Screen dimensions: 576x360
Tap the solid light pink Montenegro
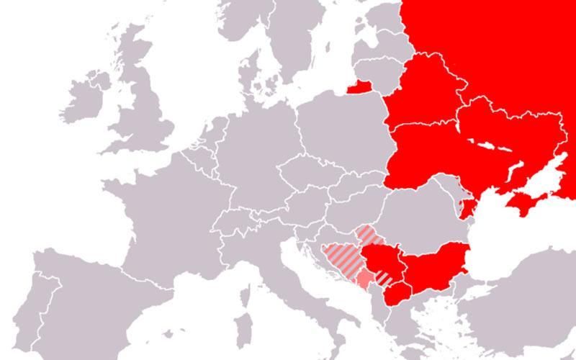coord(366,278)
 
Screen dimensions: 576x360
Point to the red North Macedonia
coord(397,293)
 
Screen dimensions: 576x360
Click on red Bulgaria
coord(436,264)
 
